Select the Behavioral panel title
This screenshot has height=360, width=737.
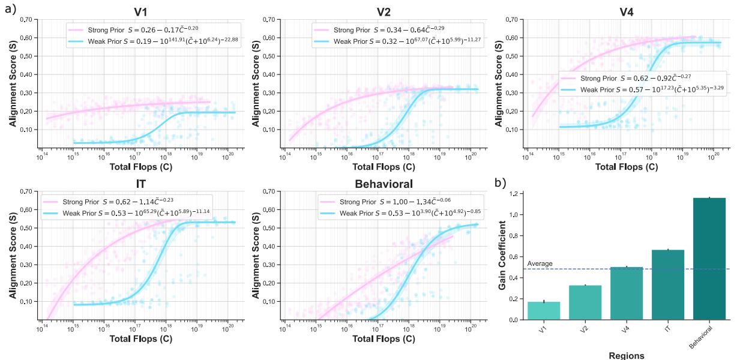[x=385, y=184]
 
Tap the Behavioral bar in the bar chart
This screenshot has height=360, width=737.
[x=709, y=259]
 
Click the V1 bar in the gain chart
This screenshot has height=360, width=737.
[x=543, y=310]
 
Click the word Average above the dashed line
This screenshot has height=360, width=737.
[x=540, y=264]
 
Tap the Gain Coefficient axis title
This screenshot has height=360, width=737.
[x=503, y=256]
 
